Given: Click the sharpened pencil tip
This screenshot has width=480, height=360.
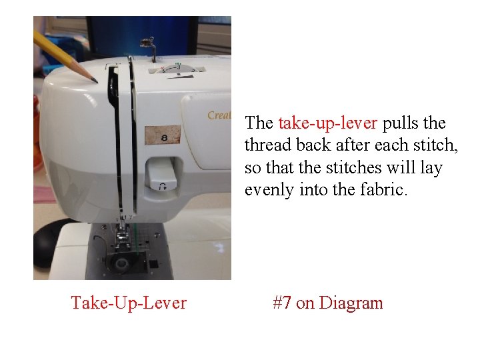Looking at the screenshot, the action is point(95,81).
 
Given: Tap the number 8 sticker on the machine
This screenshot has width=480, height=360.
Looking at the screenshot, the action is point(163,135).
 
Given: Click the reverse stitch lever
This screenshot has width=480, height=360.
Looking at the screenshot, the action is point(162,175).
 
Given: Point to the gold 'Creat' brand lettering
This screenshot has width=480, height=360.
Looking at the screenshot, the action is point(219,115).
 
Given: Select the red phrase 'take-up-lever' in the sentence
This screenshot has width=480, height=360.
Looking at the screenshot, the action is point(327,123).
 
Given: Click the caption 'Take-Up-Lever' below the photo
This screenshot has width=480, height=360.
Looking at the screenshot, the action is point(129,303).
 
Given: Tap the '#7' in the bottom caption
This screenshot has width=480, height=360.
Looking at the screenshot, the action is point(281,303).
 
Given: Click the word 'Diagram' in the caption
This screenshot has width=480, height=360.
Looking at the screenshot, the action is point(351,303).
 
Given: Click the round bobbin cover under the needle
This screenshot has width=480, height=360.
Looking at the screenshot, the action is point(121,264).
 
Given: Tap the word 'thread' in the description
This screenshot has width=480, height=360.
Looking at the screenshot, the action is point(267,145).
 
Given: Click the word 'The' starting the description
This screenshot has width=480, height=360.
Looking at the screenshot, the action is point(259,123).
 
